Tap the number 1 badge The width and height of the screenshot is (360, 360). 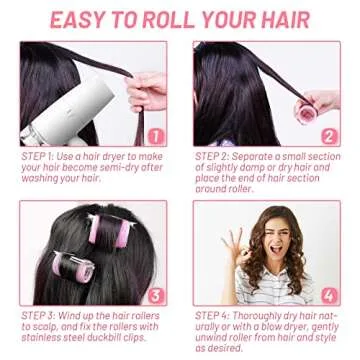coord(156,136)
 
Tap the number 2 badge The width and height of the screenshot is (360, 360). coord(328,136)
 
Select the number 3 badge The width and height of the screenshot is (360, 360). coord(156,296)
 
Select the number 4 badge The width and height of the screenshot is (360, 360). coord(328,296)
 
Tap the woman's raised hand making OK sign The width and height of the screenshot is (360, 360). coord(239,241)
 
